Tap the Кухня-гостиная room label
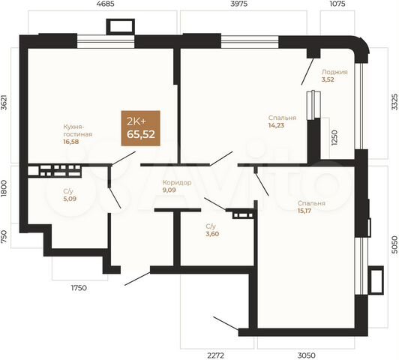pos(78,130)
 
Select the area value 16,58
pos(72,141)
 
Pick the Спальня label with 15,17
pos(310,203)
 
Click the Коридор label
pos(177,182)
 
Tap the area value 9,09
pos(170,190)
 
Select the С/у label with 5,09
pos(68,191)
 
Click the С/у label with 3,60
pos(211,226)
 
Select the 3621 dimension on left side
pos(5,103)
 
